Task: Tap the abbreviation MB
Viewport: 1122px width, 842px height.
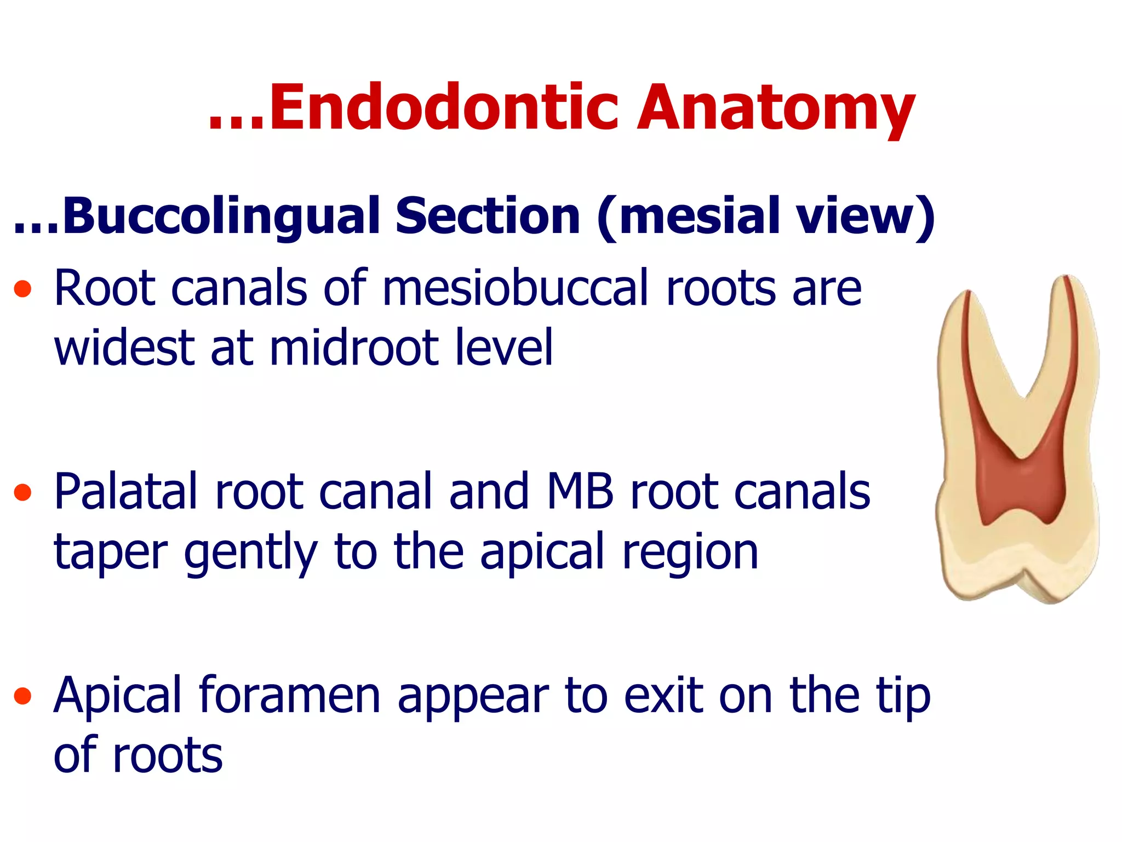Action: click(x=580, y=492)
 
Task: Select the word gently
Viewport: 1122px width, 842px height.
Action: click(x=250, y=553)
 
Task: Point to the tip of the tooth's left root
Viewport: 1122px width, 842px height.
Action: click(x=968, y=292)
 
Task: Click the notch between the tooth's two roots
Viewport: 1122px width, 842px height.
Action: click(x=1023, y=396)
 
